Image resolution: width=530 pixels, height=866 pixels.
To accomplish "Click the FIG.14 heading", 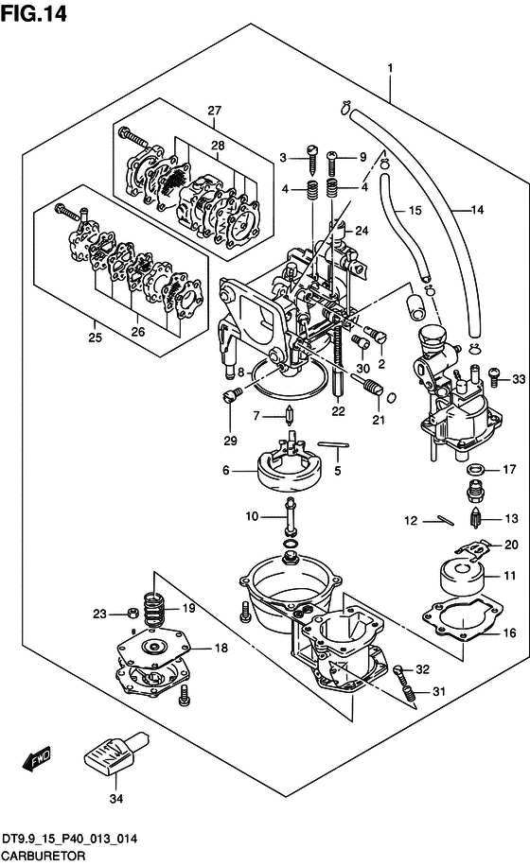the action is (34, 13).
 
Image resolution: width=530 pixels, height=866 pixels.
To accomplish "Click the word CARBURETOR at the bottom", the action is (44, 856).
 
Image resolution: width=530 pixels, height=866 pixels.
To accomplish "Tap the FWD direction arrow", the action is (37, 758).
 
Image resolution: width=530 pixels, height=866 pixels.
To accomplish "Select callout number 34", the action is (116, 798).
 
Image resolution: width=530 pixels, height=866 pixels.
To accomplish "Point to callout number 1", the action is (390, 68).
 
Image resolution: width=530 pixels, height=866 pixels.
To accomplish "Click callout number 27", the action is (215, 110).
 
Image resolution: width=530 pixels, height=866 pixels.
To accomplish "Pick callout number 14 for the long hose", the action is (477, 210).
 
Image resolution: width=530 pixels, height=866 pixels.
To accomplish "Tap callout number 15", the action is (415, 211).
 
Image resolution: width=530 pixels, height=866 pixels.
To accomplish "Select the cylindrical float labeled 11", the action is (462, 577).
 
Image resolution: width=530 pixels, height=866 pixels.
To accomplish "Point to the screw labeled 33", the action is (495, 377).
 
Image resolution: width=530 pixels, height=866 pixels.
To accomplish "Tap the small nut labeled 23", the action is (132, 613).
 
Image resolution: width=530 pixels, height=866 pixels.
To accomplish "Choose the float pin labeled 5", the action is (333, 444).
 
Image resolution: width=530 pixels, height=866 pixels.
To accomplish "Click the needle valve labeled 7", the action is (289, 414).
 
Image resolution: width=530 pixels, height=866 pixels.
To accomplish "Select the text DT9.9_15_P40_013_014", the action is (70, 839).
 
